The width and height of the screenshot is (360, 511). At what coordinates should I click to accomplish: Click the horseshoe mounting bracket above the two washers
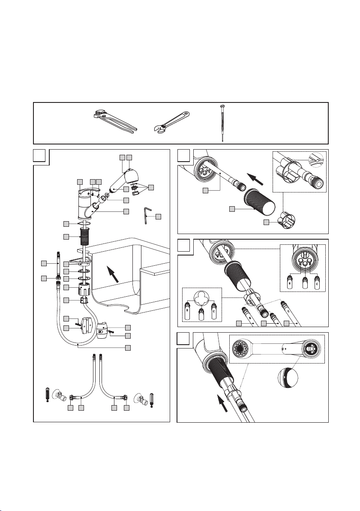[x=81, y=261]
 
